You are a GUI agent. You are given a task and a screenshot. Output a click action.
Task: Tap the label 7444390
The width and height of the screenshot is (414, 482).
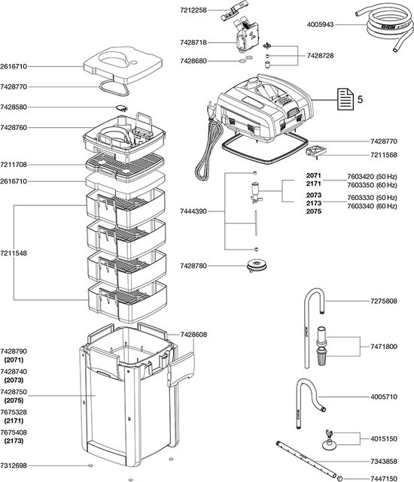(196, 213)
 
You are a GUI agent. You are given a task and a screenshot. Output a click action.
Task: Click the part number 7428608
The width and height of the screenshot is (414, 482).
(195, 332)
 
